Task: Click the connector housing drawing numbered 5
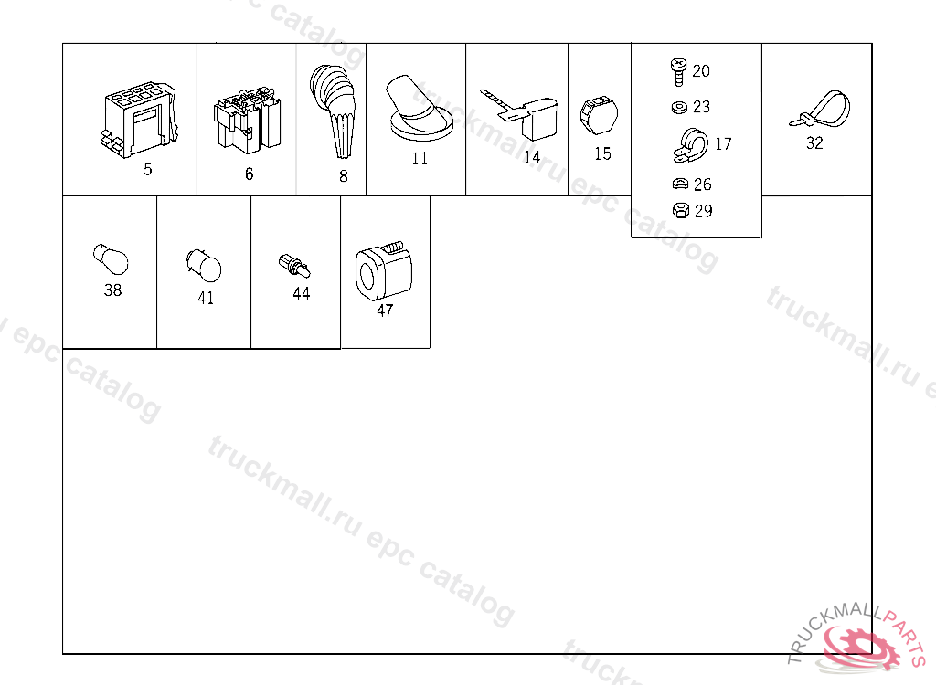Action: click(140, 121)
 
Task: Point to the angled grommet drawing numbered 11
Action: click(419, 108)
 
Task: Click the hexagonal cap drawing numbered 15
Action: click(599, 115)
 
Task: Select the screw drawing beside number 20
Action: click(678, 71)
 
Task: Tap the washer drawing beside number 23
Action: click(679, 108)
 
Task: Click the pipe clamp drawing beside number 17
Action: click(691, 145)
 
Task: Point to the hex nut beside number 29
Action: click(680, 211)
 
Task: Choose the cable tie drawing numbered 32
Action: click(820, 110)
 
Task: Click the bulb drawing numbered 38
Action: click(111, 259)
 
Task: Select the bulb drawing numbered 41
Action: click(204, 265)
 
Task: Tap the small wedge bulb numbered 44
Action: click(294, 266)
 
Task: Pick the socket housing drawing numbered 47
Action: click(384, 271)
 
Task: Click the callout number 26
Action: click(703, 184)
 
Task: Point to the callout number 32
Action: click(814, 143)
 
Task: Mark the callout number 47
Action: click(385, 311)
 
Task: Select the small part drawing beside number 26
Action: click(680, 184)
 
